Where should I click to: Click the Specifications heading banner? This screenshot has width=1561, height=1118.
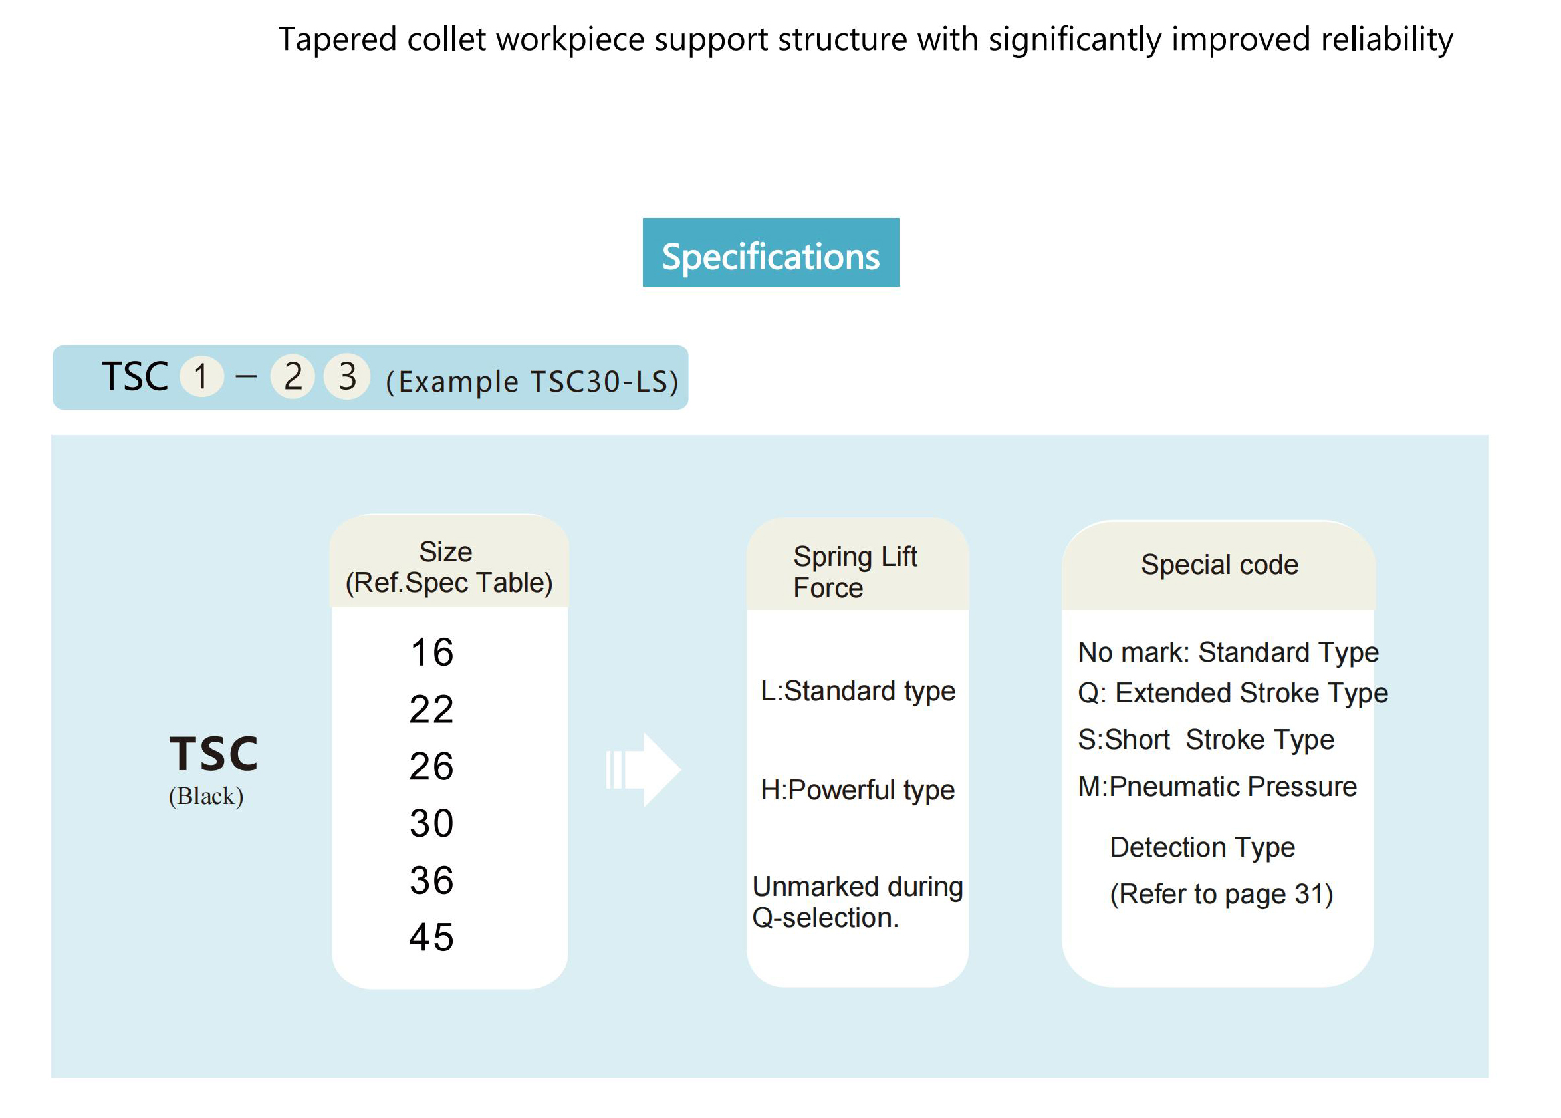pos(770,252)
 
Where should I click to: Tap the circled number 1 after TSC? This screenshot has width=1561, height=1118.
pos(201,376)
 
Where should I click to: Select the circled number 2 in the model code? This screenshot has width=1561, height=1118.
pos(293,376)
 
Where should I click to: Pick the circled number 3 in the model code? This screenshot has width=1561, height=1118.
pos(347,376)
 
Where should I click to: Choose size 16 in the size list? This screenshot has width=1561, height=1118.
pos(432,652)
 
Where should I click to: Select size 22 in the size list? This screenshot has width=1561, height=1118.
pos(431,709)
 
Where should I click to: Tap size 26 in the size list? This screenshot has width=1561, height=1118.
pos(431,766)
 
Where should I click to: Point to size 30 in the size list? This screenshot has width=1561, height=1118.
pos(431,823)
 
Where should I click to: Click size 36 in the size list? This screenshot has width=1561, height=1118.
pos(431,881)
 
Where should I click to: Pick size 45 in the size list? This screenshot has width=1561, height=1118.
pos(431,938)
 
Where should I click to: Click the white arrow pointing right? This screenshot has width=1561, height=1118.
pos(644,769)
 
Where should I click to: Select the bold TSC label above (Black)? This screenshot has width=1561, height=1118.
pos(213,753)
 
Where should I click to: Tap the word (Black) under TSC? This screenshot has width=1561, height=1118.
pos(206,797)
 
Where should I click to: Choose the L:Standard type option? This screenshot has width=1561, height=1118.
pos(857,692)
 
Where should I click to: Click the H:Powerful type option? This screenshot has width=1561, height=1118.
pos(857,791)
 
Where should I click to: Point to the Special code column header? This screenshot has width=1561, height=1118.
pos(1219,565)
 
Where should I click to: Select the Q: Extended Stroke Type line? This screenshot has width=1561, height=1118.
pos(1233,693)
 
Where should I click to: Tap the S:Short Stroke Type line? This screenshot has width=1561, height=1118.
pos(1206,740)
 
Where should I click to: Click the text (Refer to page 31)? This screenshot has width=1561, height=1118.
pos(1221,895)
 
